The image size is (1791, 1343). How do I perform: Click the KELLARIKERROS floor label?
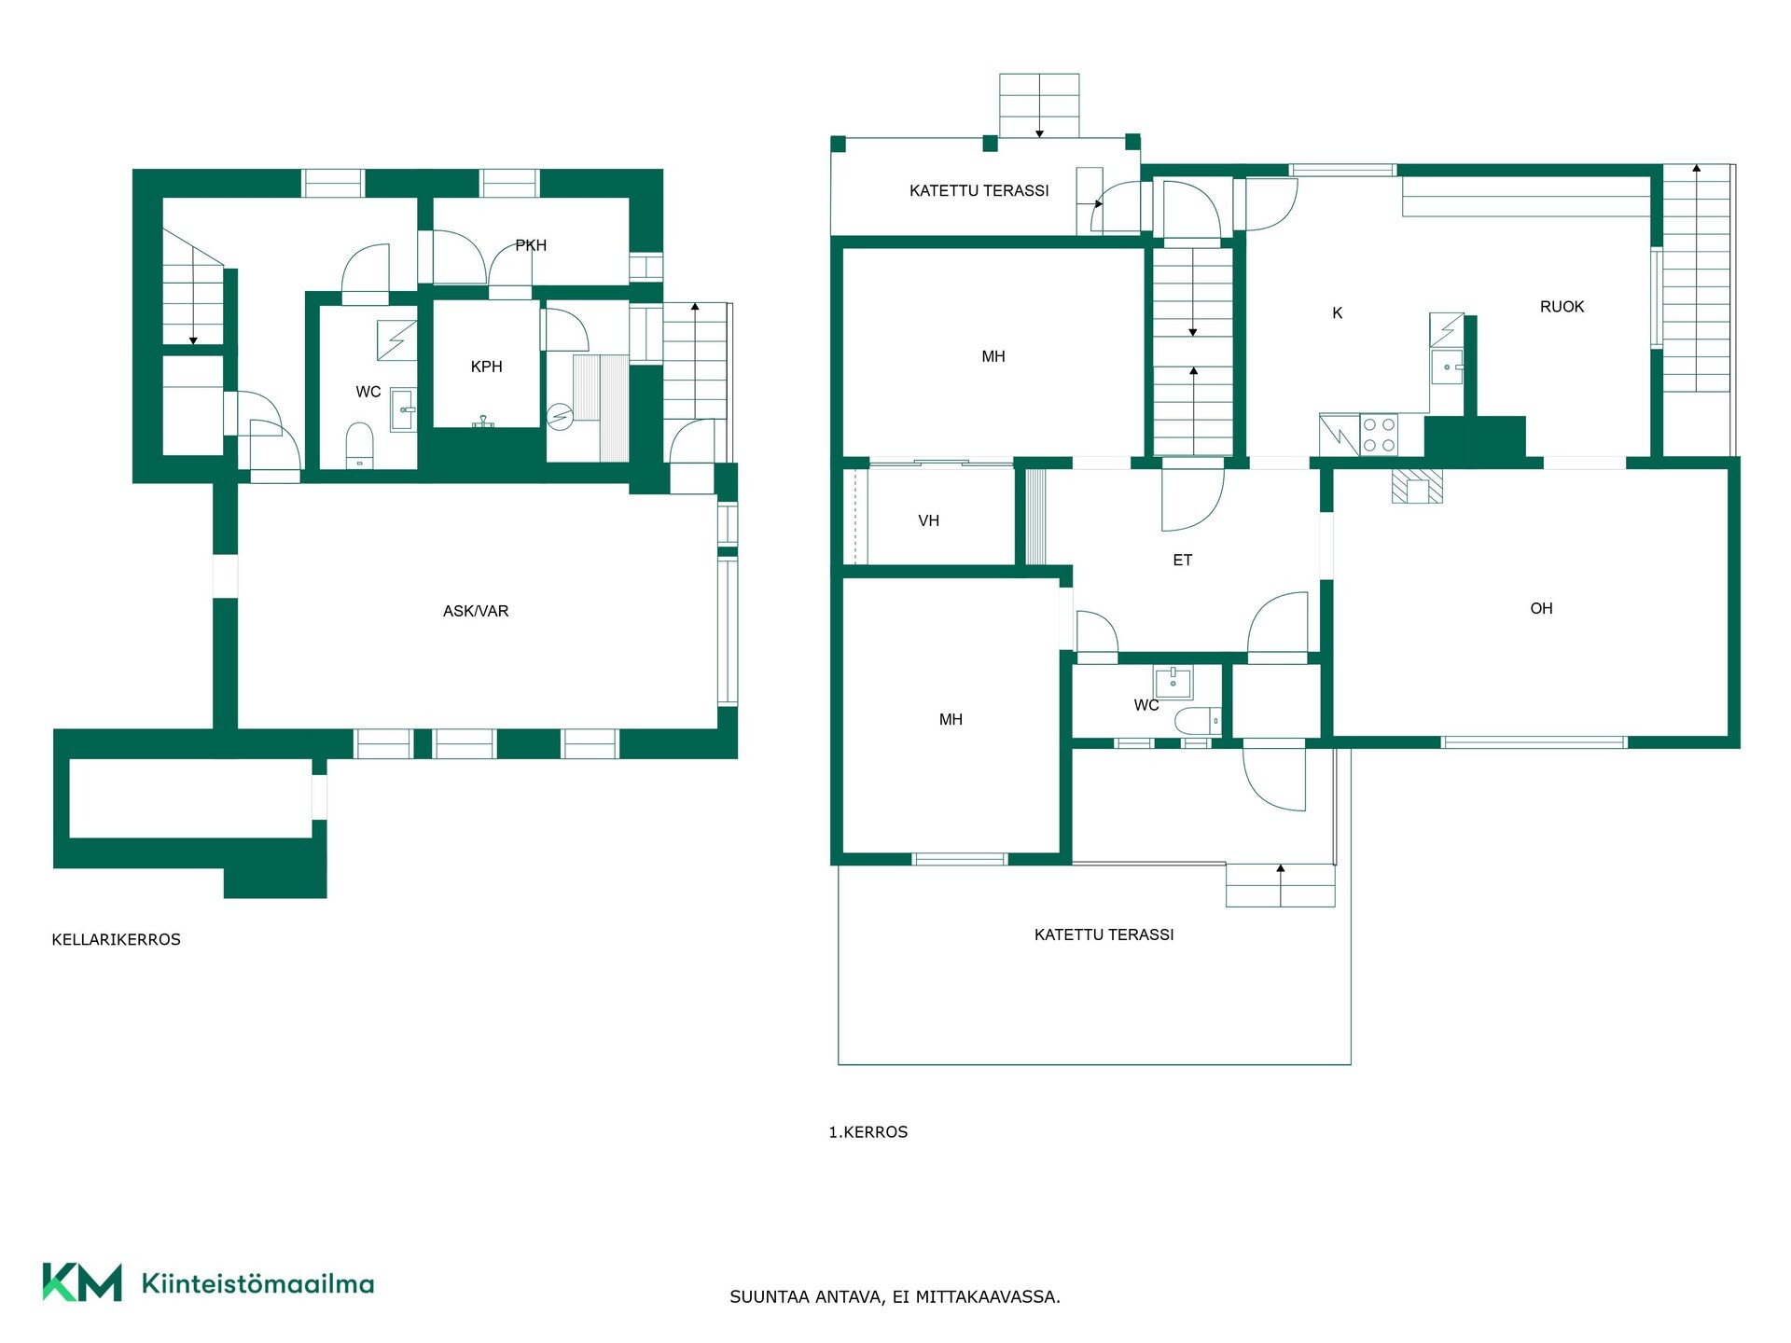click(x=116, y=939)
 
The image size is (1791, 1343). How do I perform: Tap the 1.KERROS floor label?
click(x=868, y=1132)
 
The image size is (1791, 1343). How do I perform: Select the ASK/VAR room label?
click(x=476, y=611)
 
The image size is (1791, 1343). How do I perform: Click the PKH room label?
click(x=531, y=245)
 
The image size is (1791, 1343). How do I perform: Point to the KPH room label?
click(x=486, y=367)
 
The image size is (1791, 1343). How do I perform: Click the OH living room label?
click(x=1541, y=608)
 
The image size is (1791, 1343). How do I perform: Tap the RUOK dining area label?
click(x=1562, y=307)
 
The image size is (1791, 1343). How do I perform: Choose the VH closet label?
click(x=928, y=520)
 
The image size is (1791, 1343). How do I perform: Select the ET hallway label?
click(x=1182, y=560)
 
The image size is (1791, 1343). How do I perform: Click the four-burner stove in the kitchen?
click(x=1379, y=435)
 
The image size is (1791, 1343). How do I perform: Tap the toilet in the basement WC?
click(x=359, y=444)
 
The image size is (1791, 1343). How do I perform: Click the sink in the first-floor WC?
click(x=1173, y=682)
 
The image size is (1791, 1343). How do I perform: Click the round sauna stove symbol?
click(x=559, y=415)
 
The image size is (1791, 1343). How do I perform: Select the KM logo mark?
click(x=82, y=1282)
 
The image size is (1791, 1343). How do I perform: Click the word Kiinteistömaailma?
click(x=257, y=1283)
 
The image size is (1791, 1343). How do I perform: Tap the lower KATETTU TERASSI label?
click(x=1104, y=935)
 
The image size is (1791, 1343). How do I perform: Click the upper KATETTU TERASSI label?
click(x=979, y=190)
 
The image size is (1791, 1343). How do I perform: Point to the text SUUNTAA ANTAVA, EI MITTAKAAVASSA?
click(x=895, y=1296)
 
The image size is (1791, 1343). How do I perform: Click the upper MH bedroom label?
click(x=993, y=356)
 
